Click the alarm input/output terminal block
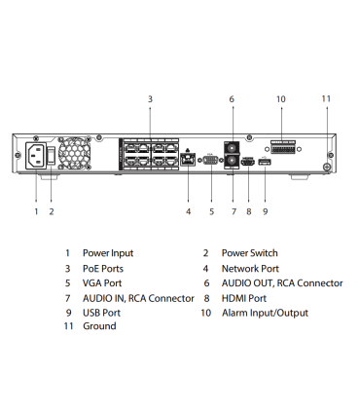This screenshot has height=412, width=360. [282, 147]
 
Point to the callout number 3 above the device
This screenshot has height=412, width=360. [150, 99]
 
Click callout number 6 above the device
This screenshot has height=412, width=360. [232, 99]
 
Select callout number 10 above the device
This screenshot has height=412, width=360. [280, 99]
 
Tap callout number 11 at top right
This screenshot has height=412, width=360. [326, 98]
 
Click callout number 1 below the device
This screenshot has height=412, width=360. [36, 210]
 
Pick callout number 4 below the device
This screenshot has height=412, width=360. [189, 210]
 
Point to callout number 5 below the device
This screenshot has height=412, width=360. [211, 210]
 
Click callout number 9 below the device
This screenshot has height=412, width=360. [265, 210]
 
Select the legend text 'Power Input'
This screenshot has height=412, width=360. [108, 253]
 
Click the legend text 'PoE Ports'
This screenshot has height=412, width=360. [103, 268]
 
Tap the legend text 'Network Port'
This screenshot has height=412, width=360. [250, 268]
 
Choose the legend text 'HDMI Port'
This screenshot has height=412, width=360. [244, 297]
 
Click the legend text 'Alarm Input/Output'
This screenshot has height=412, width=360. [264, 313]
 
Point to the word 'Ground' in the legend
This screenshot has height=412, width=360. [99, 326]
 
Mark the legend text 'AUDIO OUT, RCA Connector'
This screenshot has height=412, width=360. [281, 282]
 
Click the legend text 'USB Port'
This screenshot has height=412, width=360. [102, 313]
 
